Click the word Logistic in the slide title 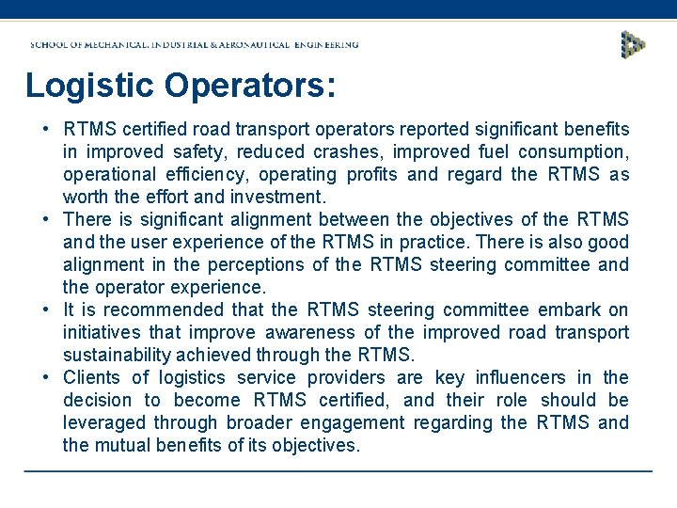coord(90,86)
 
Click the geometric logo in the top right coord(633,44)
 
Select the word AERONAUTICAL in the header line coord(265,44)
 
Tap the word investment coord(281,197)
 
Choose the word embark coord(571,310)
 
